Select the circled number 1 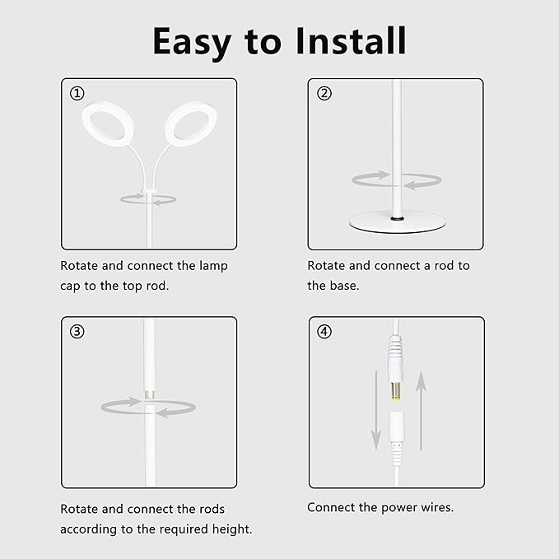77,93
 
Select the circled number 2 324,93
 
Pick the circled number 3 77,332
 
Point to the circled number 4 324,332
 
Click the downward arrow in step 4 376,410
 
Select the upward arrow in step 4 422,410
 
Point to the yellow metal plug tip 396,392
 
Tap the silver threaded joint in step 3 149,394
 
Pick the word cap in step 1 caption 70,286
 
